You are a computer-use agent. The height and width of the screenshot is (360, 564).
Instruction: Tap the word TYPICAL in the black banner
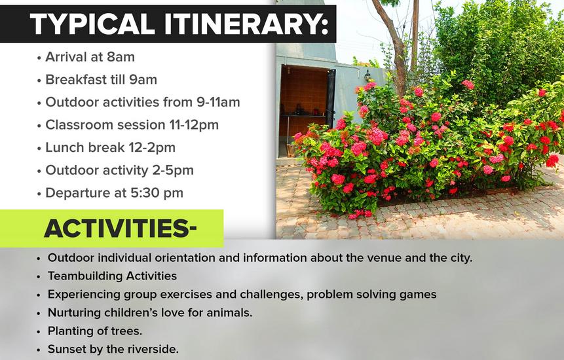tap(92, 24)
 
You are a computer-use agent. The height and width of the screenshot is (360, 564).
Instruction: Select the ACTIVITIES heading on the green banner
tap(121, 228)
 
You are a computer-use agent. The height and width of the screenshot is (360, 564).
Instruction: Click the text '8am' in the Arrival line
tap(121, 57)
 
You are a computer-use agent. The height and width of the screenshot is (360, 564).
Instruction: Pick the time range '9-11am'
tap(218, 102)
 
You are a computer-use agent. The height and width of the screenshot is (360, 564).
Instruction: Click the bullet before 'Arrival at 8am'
tap(39, 58)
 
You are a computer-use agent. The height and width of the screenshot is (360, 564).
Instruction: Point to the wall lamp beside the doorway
tap(367, 75)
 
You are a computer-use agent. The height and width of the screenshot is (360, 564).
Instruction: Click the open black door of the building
tap(331, 99)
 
